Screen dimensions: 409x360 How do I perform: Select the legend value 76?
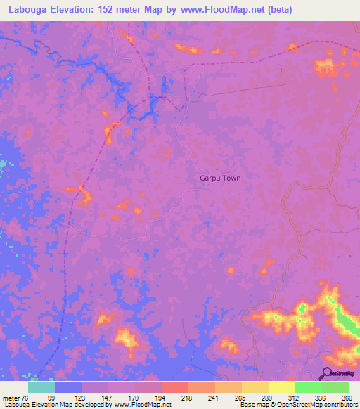(x=25, y=398)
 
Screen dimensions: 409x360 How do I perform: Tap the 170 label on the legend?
(x=134, y=398)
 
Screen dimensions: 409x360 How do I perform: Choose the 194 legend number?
(x=161, y=398)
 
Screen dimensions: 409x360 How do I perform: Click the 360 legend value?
(x=345, y=398)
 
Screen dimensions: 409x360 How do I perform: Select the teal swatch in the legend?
(x=41, y=387)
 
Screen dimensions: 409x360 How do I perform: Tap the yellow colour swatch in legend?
(x=282, y=387)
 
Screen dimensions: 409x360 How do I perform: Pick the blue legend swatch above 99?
(x=68, y=387)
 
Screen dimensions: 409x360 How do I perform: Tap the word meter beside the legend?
(x=11, y=398)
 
